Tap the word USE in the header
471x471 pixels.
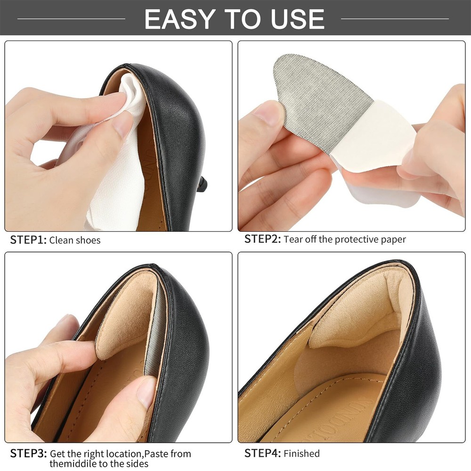pyautogui.click(x=297, y=19)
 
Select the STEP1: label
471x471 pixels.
pyautogui.click(x=28, y=240)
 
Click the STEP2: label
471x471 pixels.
pyautogui.click(x=262, y=239)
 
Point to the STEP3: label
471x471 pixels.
pyautogui.click(x=28, y=453)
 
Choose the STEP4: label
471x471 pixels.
pyautogui.click(x=262, y=453)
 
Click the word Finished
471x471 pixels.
pyautogui.click(x=301, y=453)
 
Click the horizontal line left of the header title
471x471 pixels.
pyautogui.click(x=71, y=19)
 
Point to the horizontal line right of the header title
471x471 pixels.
pyautogui.click(x=395, y=19)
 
